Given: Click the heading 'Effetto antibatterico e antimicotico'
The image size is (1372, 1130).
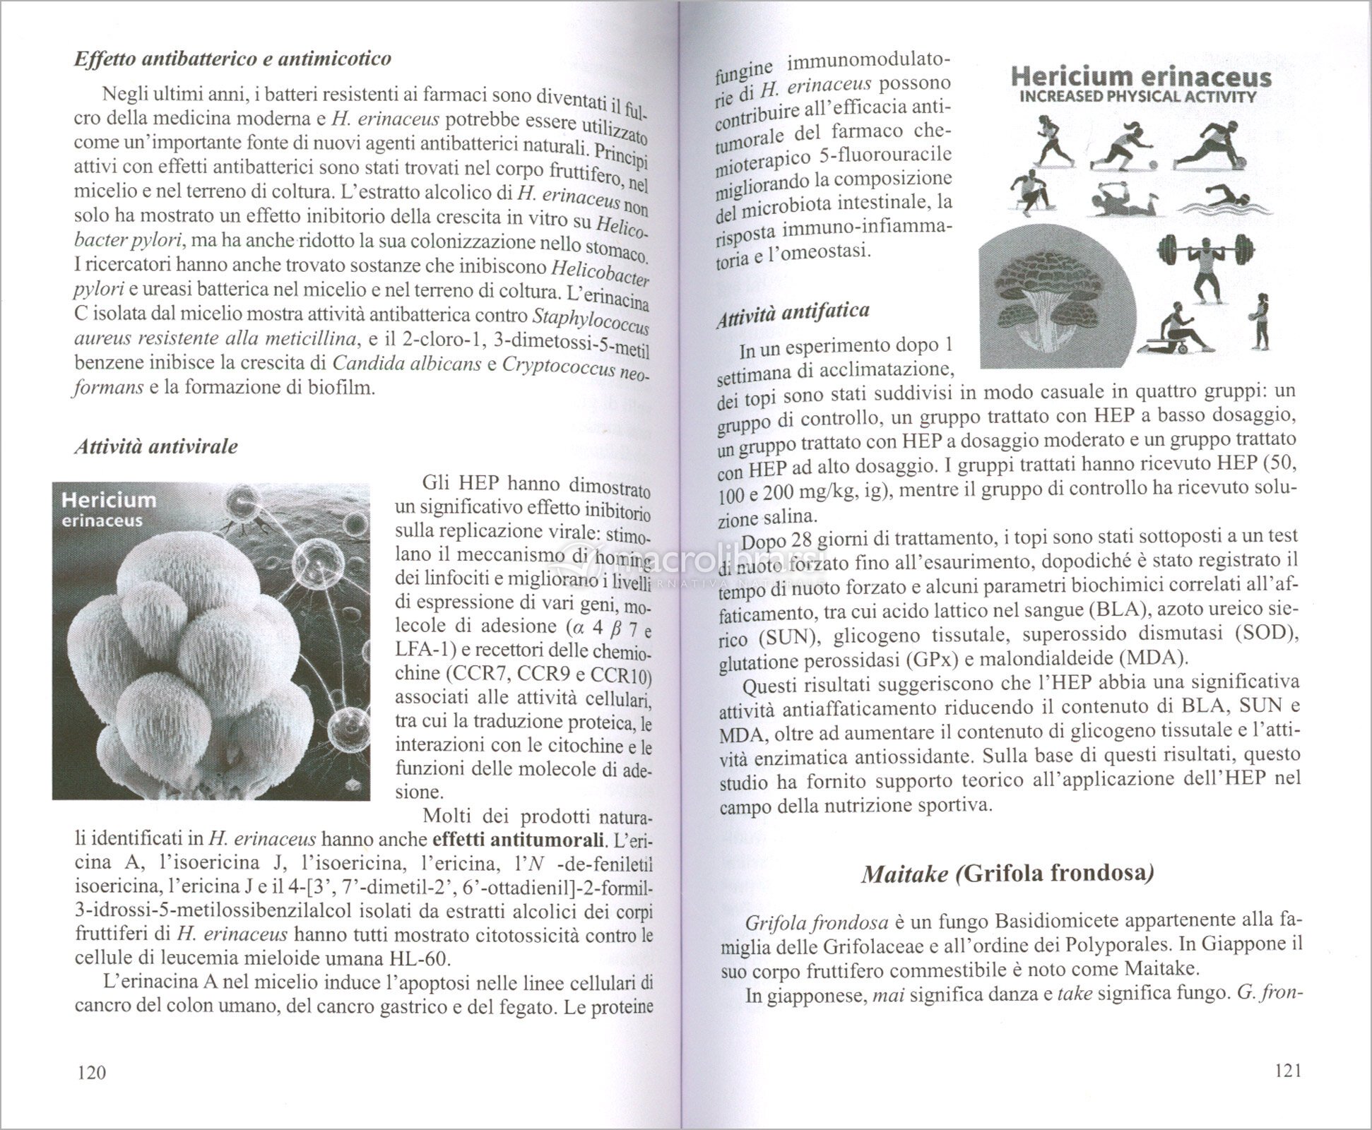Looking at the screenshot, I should click(232, 59).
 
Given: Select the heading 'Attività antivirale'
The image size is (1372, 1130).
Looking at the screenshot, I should click(156, 447).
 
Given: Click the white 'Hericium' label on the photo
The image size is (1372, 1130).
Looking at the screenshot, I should click(109, 500).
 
